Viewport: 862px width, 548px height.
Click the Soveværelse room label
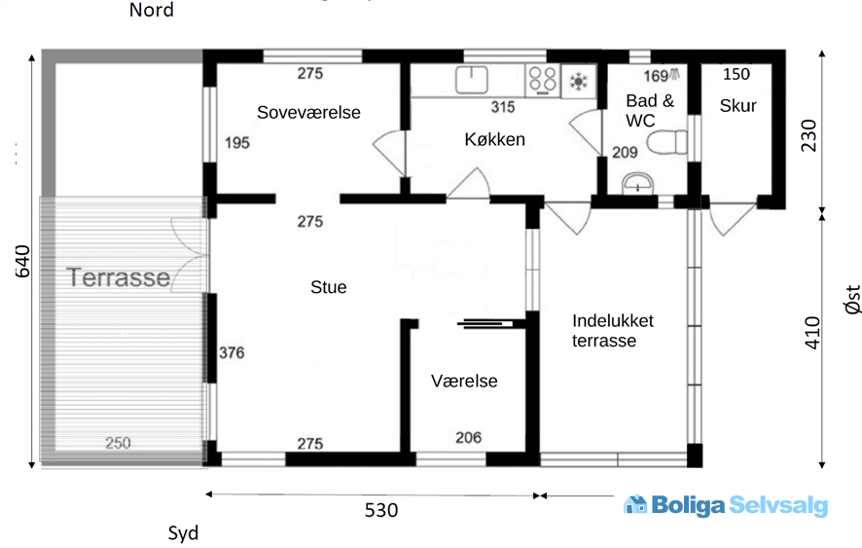[x=308, y=112]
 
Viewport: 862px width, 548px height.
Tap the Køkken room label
[x=495, y=139]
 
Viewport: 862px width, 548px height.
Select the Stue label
[x=328, y=287]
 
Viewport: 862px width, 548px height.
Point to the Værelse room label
[x=464, y=381]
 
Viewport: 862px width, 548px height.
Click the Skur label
[x=737, y=106]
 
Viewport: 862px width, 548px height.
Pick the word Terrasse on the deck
[x=118, y=277]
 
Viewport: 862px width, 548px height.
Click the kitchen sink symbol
[x=472, y=80]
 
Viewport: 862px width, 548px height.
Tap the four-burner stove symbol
[x=543, y=81]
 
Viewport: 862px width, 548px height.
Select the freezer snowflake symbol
[x=578, y=82]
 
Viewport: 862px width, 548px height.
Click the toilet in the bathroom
[x=666, y=142]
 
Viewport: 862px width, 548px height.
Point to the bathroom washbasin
[x=637, y=183]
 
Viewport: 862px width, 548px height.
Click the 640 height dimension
[x=22, y=261]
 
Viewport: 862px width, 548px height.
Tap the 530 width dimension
[x=381, y=510]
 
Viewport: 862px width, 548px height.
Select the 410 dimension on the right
[x=812, y=332]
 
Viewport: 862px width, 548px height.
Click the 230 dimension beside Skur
[x=808, y=135]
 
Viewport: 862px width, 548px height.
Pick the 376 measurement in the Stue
[x=232, y=352]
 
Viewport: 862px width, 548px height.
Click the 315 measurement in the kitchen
[x=503, y=107]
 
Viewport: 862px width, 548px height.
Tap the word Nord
[x=151, y=10]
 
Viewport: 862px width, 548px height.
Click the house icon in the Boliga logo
[x=635, y=504]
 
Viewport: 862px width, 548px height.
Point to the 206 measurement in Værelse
[x=468, y=437]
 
